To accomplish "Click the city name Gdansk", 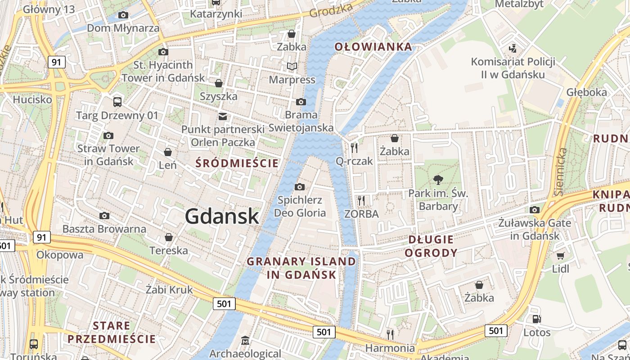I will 222,216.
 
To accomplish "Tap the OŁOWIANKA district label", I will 373,46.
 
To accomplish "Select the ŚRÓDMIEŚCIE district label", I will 237,163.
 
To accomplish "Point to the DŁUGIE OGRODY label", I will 431,246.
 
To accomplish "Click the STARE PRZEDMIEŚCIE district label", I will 111,332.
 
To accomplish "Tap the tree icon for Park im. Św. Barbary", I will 438,180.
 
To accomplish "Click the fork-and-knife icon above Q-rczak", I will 354,147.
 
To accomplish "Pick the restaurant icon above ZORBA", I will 361,200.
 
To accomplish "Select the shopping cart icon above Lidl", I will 560,256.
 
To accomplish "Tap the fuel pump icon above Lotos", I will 536,319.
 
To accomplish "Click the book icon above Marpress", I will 292,67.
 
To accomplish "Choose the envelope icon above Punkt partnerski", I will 222,116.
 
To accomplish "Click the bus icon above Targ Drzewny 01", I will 117,102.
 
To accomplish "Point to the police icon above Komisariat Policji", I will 512,48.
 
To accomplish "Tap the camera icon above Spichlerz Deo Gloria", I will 299,187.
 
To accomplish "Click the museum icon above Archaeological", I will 245,340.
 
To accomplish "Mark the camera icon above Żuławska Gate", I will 535,210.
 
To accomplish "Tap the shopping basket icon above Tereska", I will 169,237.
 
